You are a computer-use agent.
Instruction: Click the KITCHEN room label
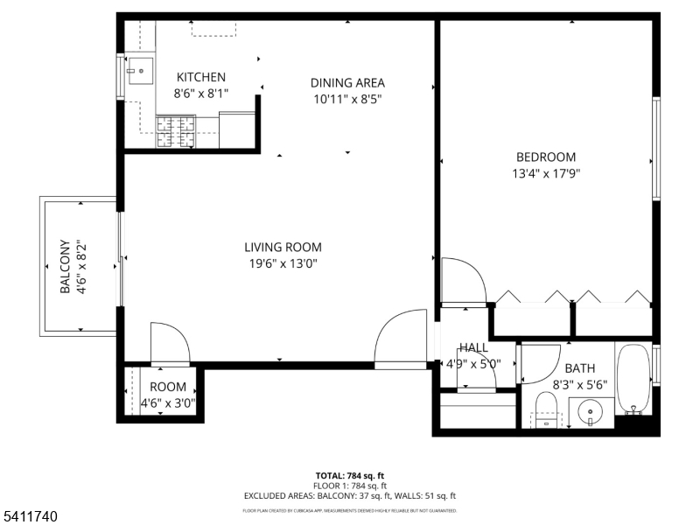pyautogui.click(x=201, y=77)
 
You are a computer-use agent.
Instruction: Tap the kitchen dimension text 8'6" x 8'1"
pyautogui.click(x=201, y=93)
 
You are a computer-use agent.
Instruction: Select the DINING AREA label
pyautogui.click(x=347, y=83)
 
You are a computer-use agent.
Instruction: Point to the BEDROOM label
pyautogui.click(x=546, y=157)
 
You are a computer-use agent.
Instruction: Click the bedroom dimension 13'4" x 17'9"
pyautogui.click(x=546, y=173)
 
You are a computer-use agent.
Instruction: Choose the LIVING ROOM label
pyautogui.click(x=283, y=248)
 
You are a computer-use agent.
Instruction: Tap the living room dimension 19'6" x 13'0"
pyautogui.click(x=283, y=263)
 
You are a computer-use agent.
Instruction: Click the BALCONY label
pyautogui.click(x=65, y=267)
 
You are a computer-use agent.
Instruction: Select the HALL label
pyautogui.click(x=473, y=348)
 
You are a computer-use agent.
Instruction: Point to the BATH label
pyautogui.click(x=579, y=368)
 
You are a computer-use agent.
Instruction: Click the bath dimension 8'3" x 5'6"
pyautogui.click(x=579, y=383)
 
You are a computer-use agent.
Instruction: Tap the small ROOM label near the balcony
pyautogui.click(x=168, y=388)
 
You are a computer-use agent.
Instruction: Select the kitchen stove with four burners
pyautogui.click(x=176, y=131)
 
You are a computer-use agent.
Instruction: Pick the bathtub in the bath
pyautogui.click(x=633, y=379)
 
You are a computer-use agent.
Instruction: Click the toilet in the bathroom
pyautogui.click(x=546, y=409)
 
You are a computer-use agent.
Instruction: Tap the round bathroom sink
pyautogui.click(x=588, y=411)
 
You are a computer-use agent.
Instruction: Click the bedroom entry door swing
pyautogui.click(x=463, y=280)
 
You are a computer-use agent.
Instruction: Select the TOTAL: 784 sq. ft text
pyautogui.click(x=350, y=476)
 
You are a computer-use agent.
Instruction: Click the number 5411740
pyautogui.click(x=31, y=517)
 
